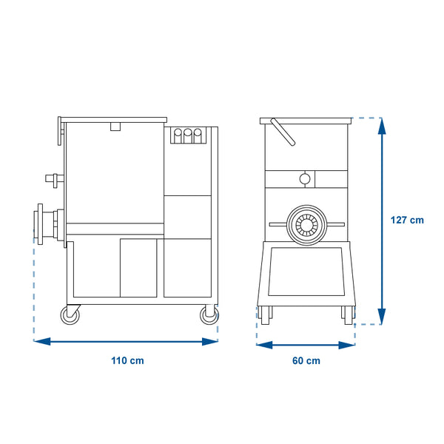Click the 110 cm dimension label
(127, 360)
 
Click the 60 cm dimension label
(306, 360)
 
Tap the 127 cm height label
(407, 220)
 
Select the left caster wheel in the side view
(70, 315)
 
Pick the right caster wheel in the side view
(209, 315)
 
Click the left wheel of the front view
(266, 315)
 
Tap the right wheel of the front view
(349, 315)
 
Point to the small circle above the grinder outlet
(305, 179)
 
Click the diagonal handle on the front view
(283, 132)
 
